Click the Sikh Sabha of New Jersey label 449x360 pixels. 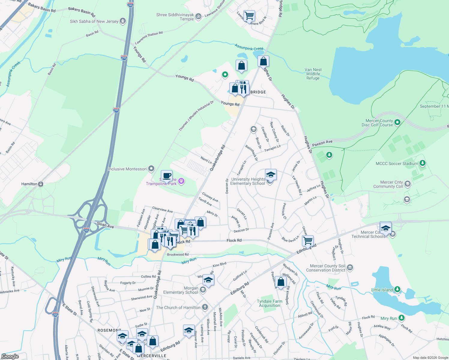click(94, 21)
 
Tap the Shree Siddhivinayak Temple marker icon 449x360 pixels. click(198, 16)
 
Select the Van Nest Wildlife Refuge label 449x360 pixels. click(313, 74)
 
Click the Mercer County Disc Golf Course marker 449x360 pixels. click(397, 122)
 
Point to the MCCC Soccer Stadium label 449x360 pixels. click(397, 163)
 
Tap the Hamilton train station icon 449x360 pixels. click(41, 184)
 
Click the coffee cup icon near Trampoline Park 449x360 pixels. click(167, 175)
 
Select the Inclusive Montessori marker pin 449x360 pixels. click(151, 169)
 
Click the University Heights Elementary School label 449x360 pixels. click(248, 181)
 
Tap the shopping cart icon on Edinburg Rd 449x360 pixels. click(308, 240)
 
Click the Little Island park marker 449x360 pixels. click(397, 289)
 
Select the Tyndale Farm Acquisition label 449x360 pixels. click(270, 303)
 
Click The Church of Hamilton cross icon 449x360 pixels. click(205, 307)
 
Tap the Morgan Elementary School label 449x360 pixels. click(181, 290)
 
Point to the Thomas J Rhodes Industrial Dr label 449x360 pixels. click(196, 116)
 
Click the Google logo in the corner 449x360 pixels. click(10, 356)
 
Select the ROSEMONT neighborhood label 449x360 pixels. click(109, 330)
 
